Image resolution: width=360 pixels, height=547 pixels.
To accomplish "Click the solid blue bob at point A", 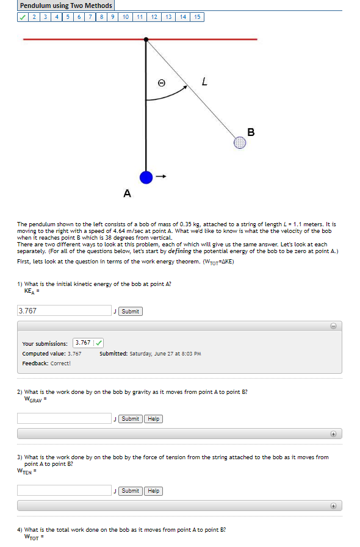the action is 145,177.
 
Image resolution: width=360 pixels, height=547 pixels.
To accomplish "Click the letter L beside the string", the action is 204,80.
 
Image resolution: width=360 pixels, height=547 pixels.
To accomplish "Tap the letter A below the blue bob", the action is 127,194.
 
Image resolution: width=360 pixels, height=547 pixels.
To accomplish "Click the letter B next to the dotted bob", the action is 251,132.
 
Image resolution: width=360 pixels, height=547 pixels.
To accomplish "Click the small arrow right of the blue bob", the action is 161,177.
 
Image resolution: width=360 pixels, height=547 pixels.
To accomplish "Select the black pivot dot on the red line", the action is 146,40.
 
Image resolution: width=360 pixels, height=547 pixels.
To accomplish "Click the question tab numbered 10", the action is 125,17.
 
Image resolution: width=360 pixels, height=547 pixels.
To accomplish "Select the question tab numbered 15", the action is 196,17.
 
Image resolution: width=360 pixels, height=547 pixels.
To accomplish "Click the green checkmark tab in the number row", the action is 23,17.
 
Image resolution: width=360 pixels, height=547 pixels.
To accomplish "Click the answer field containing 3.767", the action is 64,310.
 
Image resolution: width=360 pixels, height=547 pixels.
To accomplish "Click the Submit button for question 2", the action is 130,418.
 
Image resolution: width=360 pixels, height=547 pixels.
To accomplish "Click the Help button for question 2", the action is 154,418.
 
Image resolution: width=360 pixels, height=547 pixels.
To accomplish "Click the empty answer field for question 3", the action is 64,490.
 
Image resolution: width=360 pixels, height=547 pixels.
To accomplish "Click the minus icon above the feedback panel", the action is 334,326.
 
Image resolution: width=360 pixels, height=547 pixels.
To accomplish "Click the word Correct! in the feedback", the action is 60,363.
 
